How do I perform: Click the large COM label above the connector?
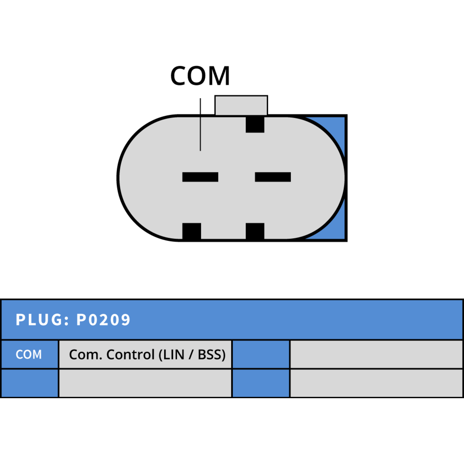(x=200, y=76)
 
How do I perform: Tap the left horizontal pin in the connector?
(x=200, y=177)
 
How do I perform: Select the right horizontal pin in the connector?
(x=273, y=177)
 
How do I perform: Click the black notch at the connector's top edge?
(x=255, y=124)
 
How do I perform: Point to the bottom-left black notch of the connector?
(x=191, y=231)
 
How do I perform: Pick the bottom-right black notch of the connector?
(x=255, y=231)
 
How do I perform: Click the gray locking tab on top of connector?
(x=241, y=105)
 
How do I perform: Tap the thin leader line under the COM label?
(x=200, y=124)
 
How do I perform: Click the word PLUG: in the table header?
(x=42, y=320)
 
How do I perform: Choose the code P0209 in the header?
(x=103, y=320)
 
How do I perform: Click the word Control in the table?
(x=130, y=354)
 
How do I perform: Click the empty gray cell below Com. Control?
(x=145, y=383)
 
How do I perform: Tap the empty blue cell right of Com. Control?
(x=261, y=354)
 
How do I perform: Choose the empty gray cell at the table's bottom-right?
(x=376, y=383)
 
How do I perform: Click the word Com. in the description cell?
(x=86, y=354)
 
